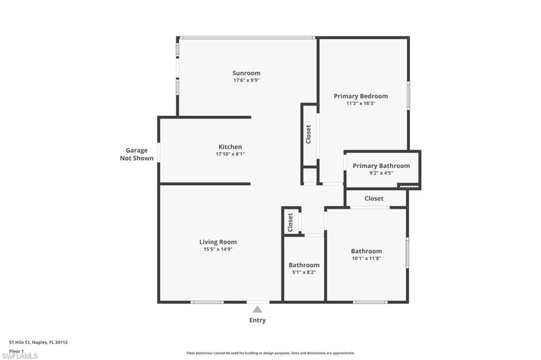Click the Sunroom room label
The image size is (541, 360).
click(x=246, y=73)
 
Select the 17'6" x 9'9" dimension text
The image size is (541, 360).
click(x=246, y=81)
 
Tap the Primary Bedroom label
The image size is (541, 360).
click(x=360, y=96)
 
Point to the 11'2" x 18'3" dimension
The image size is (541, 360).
click(x=360, y=103)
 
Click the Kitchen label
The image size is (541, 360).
click(x=230, y=147)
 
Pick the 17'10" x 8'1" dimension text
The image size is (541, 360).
click(x=230, y=154)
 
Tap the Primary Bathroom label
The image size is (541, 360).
click(x=381, y=166)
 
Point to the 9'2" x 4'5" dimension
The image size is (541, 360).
click(x=381, y=173)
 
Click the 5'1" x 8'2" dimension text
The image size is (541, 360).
click(x=304, y=272)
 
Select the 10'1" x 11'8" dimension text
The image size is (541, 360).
click(x=366, y=259)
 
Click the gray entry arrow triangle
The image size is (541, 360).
click(x=257, y=309)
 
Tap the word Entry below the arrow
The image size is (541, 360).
click(x=257, y=320)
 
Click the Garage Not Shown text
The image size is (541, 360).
click(x=136, y=154)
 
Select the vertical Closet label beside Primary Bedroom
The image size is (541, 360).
click(x=309, y=134)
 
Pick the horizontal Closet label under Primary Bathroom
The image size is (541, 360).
click(x=374, y=198)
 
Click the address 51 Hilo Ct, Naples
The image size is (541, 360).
click(x=39, y=343)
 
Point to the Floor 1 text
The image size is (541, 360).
click(x=17, y=350)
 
